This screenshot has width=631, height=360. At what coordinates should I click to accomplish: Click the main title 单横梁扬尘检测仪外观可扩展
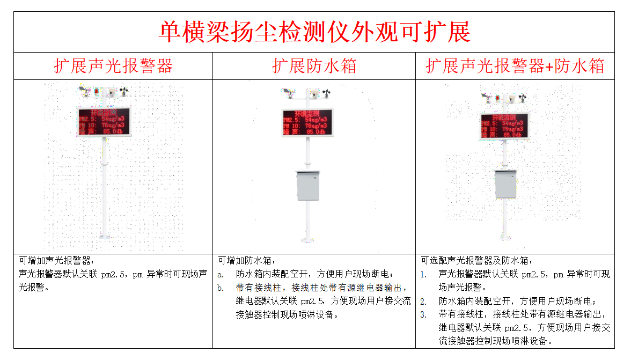[314, 32]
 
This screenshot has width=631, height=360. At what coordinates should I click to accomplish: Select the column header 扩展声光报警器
[113, 66]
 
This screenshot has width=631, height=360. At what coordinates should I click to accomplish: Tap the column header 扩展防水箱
[314, 66]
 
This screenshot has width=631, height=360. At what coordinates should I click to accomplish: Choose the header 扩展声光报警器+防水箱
[515, 66]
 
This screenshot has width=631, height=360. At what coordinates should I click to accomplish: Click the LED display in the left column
[104, 122]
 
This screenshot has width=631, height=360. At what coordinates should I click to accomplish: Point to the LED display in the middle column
[307, 122]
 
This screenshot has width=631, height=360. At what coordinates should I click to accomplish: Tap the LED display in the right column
[504, 126]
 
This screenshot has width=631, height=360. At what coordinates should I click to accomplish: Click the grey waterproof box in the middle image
[307, 186]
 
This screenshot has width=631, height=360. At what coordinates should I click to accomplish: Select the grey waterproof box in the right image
[505, 184]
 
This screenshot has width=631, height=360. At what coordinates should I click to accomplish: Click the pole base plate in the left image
[104, 236]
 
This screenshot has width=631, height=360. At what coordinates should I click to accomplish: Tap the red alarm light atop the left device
[97, 92]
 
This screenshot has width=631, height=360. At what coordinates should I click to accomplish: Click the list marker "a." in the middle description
[221, 274]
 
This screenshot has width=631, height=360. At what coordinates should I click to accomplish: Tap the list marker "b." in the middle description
[221, 288]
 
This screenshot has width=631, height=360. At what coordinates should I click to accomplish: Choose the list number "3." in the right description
[423, 314]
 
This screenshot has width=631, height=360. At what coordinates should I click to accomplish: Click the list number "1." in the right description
[423, 274]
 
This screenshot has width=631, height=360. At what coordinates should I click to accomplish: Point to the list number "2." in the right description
[423, 301]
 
